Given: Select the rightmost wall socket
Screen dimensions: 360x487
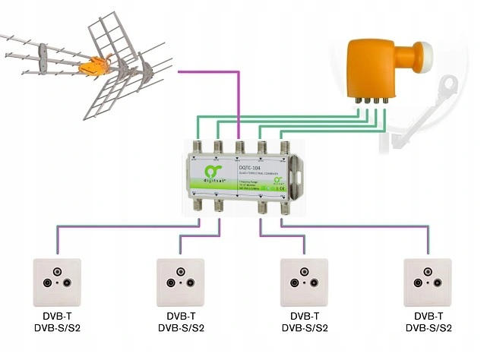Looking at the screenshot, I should (x=430, y=282).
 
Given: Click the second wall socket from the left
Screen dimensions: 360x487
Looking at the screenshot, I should (x=181, y=282).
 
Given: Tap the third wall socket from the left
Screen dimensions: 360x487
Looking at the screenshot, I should (x=304, y=282).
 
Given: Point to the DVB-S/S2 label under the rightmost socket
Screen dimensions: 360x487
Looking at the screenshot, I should (x=430, y=329).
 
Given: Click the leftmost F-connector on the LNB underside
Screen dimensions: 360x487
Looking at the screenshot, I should (x=357, y=99).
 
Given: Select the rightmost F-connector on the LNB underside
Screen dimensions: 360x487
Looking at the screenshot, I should (x=384, y=99).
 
